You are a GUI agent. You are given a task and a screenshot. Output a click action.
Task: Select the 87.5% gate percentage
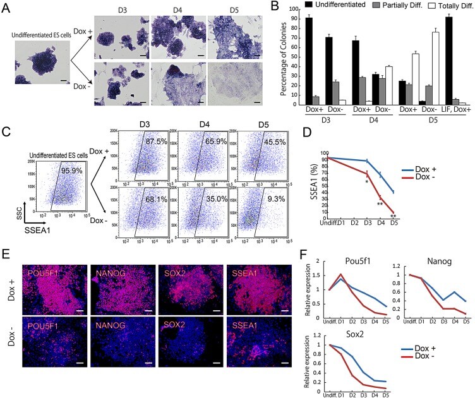click(x=159, y=143)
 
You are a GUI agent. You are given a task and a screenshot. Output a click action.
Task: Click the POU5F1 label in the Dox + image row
click(x=41, y=255)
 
